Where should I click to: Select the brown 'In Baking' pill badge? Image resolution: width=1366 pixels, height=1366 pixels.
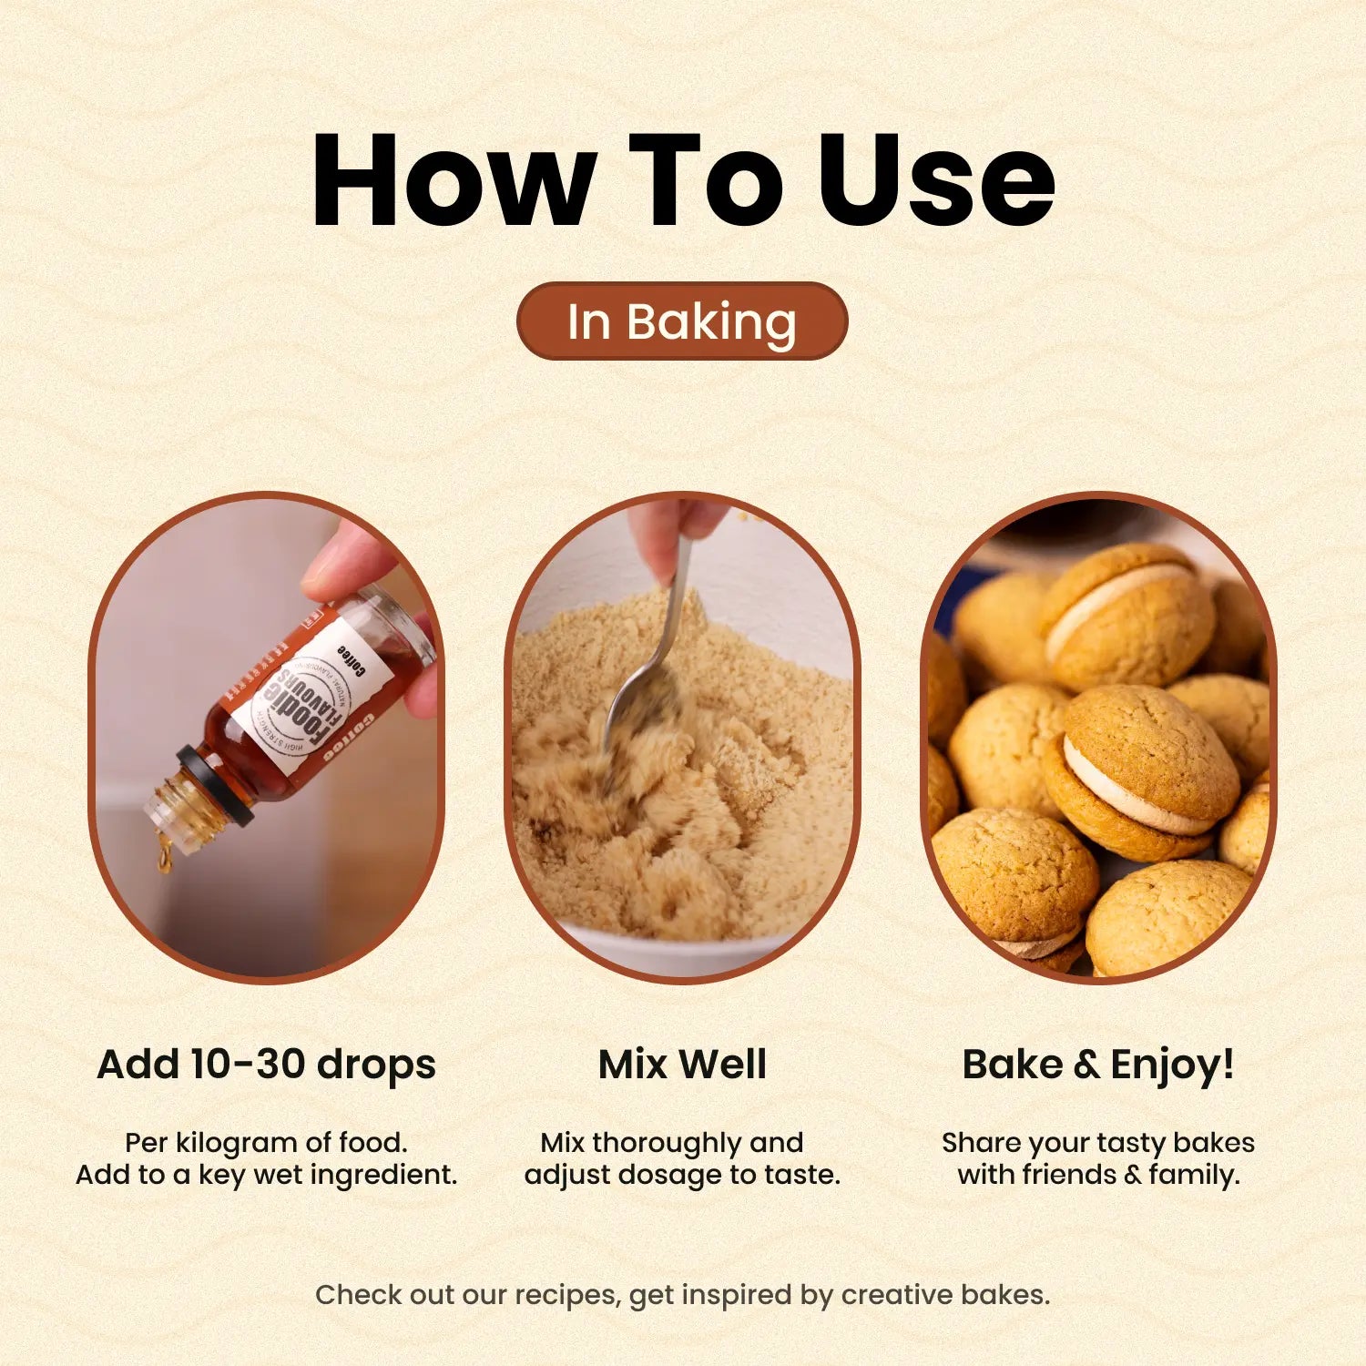(682, 321)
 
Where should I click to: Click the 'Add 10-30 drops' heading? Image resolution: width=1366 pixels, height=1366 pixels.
(266, 1064)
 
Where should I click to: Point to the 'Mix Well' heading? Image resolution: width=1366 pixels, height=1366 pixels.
(682, 1064)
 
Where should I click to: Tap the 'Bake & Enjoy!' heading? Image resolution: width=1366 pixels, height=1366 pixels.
(1098, 1064)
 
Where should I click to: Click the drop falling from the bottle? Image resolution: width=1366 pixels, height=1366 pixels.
(165, 856)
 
